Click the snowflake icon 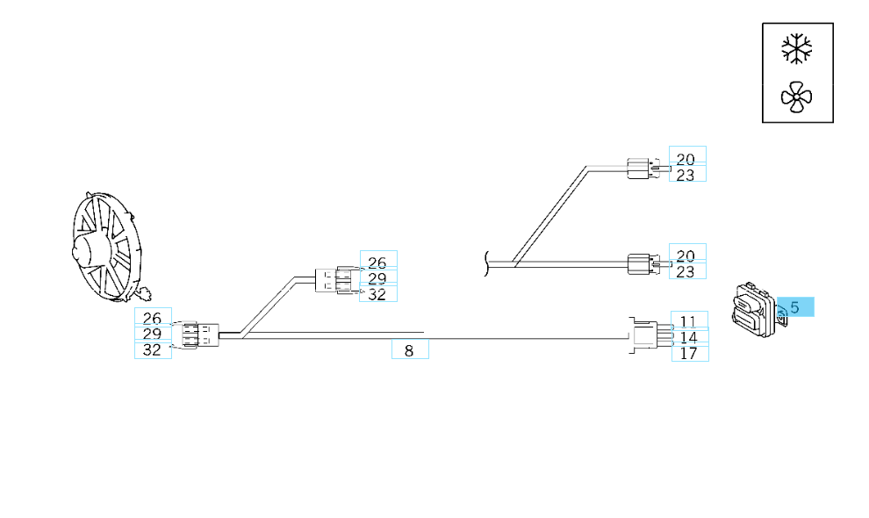coord(797,49)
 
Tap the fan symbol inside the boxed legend coord(797,97)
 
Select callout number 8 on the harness coord(409,351)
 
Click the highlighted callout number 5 coord(795,307)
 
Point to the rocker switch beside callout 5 coord(751,310)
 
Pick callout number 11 coord(689,322)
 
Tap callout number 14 coord(689,337)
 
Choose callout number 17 coord(689,353)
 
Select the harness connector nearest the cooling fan coord(198,335)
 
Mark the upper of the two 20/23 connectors coord(643,166)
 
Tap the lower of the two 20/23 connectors coord(643,263)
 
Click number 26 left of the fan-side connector coord(152,319)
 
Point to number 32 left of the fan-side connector coord(152,350)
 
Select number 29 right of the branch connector coord(377,279)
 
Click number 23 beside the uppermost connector coord(686,175)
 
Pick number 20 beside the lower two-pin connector coord(686,255)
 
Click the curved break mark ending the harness coord(485,263)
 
